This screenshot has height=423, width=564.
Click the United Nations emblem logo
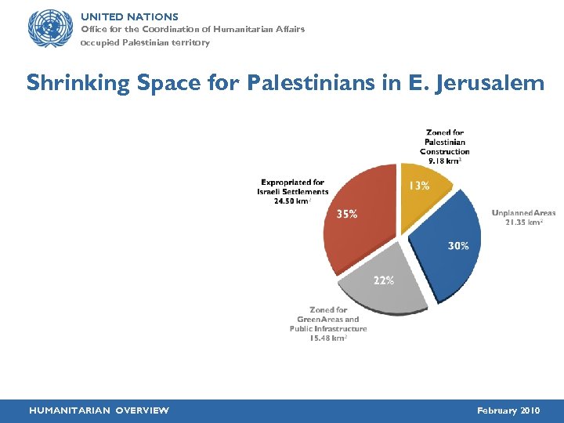pyautogui.click(x=49, y=29)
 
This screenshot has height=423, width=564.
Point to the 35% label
pyautogui.click(x=347, y=214)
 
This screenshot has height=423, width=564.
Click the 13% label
pyautogui.click(x=418, y=186)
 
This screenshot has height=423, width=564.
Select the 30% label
pyautogui.click(x=458, y=246)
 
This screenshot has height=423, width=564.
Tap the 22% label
pyautogui.click(x=383, y=280)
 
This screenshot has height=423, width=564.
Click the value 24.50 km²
pyautogui.click(x=291, y=201)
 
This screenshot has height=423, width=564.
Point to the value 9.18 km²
pyautogui.click(x=444, y=161)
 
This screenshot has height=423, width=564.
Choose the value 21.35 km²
pyautogui.click(x=523, y=222)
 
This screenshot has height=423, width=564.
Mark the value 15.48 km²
pyautogui.click(x=328, y=338)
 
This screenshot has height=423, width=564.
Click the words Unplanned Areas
pyautogui.click(x=523, y=212)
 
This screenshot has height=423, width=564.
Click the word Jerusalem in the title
pyautogui.click(x=485, y=82)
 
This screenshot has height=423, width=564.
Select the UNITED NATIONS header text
pyautogui.click(x=130, y=16)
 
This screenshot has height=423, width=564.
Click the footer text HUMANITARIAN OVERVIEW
pyautogui.click(x=99, y=410)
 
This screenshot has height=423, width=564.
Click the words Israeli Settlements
pyautogui.click(x=293, y=192)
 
